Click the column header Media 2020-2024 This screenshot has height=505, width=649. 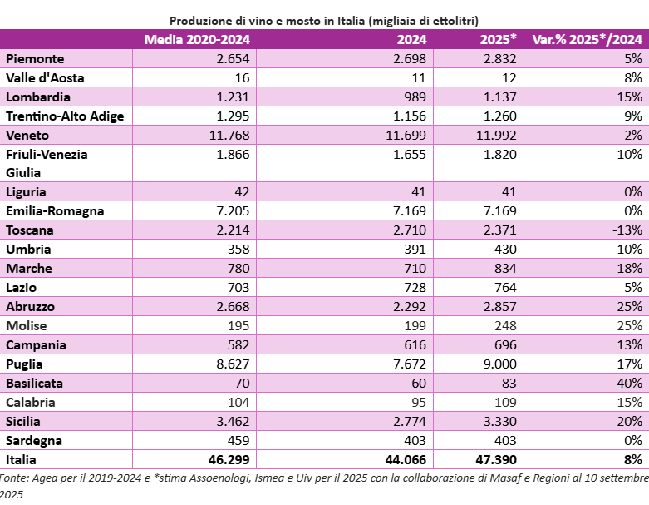tap(197, 39)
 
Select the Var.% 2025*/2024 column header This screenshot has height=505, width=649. tap(587, 39)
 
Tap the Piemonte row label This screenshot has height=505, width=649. tap(35, 59)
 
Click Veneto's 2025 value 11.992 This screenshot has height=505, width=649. tap(496, 135)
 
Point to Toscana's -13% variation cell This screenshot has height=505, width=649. tap(627, 230)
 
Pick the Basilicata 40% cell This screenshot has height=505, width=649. tap(629, 383)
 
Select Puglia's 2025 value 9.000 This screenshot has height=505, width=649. tap(500, 364)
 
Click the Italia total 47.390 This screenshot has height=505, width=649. tap(496, 459)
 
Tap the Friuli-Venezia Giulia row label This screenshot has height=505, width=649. tap(47, 163)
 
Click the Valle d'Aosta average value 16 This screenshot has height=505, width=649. tap(242, 78)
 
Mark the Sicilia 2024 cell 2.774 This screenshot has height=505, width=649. tap(410, 421)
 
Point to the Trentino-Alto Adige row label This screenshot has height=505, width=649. tap(65, 116)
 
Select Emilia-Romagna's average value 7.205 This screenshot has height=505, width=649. tap(233, 210)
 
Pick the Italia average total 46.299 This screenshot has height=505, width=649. tap(229, 459)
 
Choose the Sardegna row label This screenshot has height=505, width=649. tap(34, 441)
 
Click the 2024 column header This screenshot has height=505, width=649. tap(411, 39)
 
